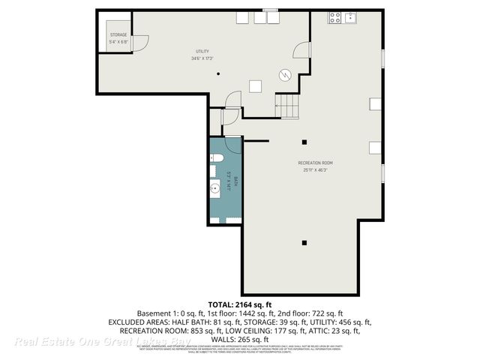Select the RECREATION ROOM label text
(315, 163)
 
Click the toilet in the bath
(216, 157)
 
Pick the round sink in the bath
(216, 188)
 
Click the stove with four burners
(334, 16)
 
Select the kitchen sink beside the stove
(349, 16)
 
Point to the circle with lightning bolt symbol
(285, 74)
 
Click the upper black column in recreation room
(304, 142)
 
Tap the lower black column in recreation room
(304, 242)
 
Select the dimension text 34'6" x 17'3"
(202, 58)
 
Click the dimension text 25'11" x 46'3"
(315, 169)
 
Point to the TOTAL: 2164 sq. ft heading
(240, 304)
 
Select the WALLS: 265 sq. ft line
(240, 339)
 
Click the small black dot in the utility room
(218, 73)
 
